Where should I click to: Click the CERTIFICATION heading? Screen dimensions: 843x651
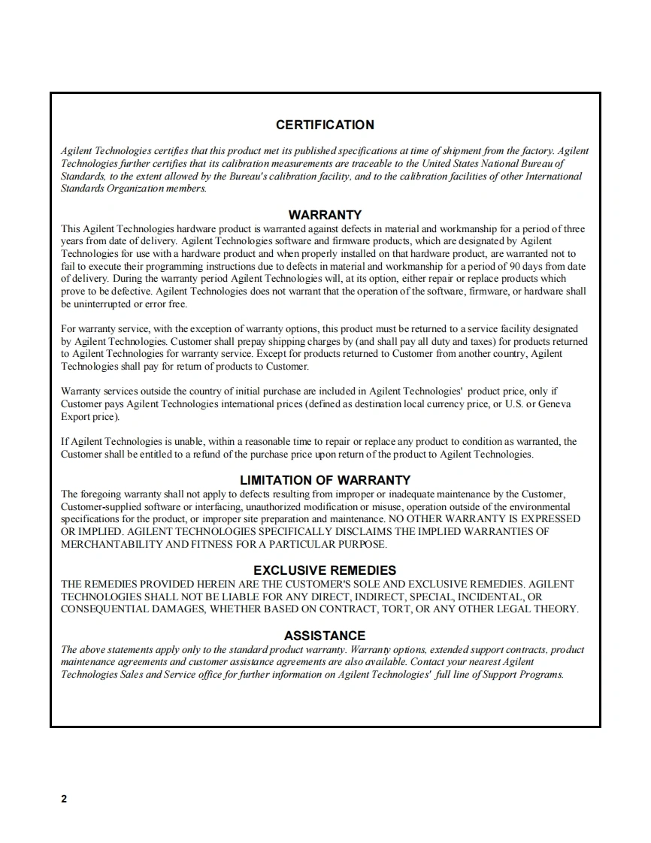click(325, 125)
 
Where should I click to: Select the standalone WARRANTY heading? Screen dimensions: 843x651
click(325, 215)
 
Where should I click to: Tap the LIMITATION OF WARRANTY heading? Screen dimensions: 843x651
click(325, 480)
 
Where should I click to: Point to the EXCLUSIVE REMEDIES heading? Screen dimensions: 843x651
click(325, 570)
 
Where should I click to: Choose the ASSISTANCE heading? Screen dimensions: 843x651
click(325, 636)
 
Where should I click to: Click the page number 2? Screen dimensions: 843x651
click(64, 799)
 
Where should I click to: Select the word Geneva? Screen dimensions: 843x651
click(555, 404)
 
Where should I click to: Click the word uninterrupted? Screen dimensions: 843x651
click(100, 304)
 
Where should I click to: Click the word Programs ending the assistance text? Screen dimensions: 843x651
click(542, 675)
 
